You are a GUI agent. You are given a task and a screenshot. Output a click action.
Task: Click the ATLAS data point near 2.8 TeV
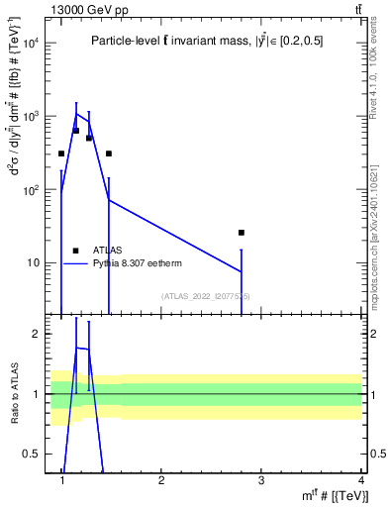241,233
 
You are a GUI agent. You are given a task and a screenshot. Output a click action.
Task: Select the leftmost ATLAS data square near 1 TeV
61,153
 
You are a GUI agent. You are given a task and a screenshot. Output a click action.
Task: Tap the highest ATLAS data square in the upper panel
76,131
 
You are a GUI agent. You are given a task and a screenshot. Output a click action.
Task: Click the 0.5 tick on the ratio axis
33,454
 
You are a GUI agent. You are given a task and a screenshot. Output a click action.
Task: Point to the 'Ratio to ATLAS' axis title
15,394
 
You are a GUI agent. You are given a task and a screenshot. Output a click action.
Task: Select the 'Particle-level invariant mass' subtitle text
206,41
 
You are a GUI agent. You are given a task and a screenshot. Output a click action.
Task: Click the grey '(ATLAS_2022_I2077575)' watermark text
206,296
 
